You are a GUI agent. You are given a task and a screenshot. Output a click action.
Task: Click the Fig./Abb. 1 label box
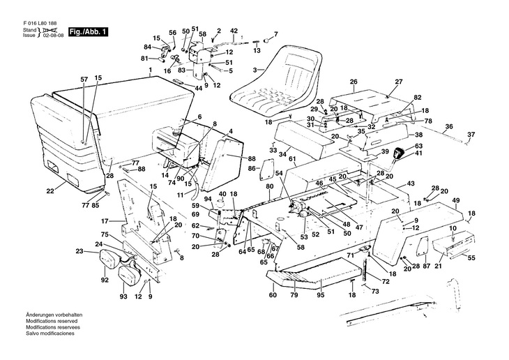90,31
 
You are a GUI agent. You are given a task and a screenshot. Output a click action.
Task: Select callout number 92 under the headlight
105,280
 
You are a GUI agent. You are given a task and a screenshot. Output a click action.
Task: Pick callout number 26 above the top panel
354,82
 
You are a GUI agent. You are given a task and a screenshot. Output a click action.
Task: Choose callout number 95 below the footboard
321,295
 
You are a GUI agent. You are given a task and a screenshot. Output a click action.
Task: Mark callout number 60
273,295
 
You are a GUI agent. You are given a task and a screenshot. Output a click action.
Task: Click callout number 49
456,201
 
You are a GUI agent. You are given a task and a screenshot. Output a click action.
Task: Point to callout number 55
471,258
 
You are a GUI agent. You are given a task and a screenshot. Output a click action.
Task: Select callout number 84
148,47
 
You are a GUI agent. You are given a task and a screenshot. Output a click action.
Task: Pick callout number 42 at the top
234,31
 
